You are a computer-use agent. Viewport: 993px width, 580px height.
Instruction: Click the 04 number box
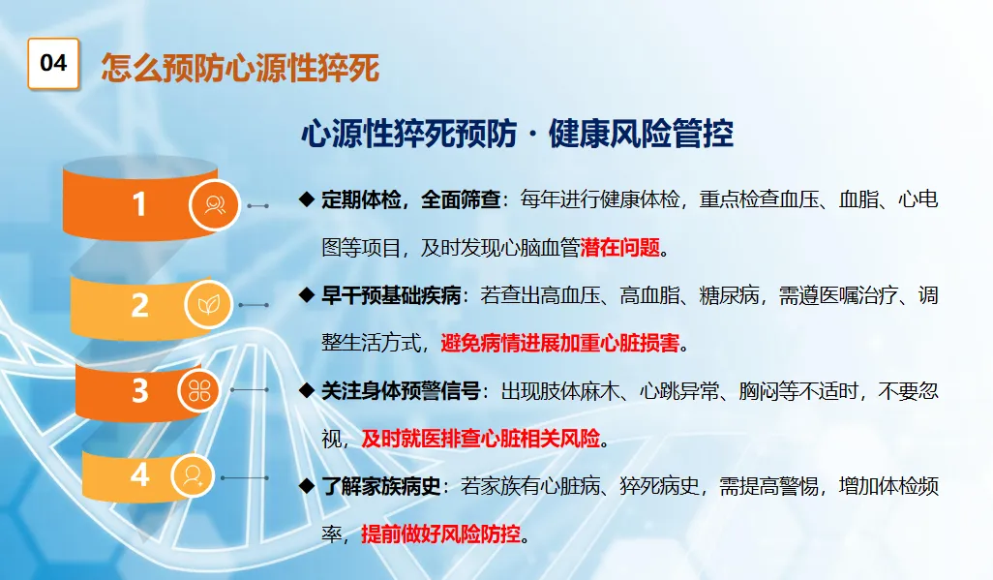[53, 63]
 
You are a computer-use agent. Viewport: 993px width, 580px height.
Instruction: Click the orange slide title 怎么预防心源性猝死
[240, 68]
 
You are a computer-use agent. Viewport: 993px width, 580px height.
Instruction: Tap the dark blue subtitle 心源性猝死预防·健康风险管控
[517, 133]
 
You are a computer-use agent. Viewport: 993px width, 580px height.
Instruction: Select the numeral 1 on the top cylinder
[138, 204]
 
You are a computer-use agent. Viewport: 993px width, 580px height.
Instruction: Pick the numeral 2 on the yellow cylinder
[140, 306]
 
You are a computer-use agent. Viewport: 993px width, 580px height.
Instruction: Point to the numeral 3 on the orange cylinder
[140, 390]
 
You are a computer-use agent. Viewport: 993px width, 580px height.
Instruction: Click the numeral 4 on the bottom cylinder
[140, 474]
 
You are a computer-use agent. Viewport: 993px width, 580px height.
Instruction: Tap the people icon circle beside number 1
[215, 205]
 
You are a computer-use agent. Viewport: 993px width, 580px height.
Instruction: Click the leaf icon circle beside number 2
[208, 305]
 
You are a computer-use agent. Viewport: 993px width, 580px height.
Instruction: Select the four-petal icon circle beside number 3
[198, 390]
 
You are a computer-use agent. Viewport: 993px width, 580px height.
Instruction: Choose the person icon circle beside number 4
[192, 475]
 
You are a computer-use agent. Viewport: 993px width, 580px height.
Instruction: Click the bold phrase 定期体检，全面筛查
[411, 199]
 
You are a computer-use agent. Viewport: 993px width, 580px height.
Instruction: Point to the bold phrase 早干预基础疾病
[391, 295]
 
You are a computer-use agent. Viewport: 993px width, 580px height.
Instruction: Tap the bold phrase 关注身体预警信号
[401, 391]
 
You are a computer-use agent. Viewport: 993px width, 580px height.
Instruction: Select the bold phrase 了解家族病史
[380, 487]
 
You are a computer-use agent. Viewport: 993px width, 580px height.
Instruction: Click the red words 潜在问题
[620, 247]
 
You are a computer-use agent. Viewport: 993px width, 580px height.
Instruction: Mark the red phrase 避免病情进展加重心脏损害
[559, 343]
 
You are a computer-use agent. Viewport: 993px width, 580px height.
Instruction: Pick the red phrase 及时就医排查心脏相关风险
[481, 439]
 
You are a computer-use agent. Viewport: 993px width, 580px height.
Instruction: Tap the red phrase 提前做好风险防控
[440, 534]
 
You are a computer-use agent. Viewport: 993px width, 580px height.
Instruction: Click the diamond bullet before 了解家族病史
[307, 486]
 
